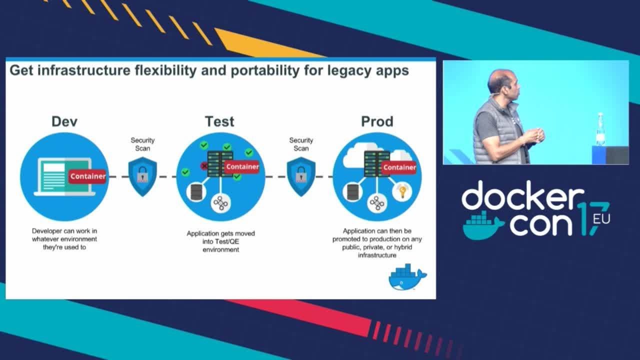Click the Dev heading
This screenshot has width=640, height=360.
click(64, 121)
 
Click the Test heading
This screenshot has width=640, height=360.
click(219, 121)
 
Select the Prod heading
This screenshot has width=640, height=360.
click(377, 121)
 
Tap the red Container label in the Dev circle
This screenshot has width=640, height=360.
click(87, 176)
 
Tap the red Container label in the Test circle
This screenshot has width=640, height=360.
click(242, 166)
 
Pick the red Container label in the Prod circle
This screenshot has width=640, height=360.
click(399, 167)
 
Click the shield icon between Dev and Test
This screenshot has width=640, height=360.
click(142, 176)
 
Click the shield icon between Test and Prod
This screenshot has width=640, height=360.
click(300, 176)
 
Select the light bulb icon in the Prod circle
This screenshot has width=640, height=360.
click(401, 191)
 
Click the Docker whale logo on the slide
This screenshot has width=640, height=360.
click(407, 277)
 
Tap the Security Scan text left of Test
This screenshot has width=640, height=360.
click(142, 144)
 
